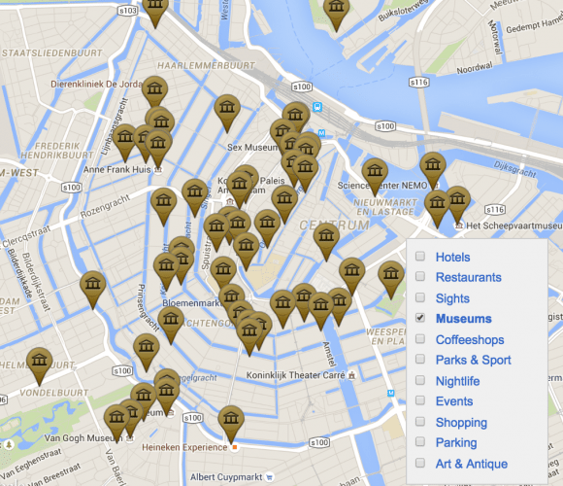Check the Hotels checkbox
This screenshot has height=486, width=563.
tap(420, 258)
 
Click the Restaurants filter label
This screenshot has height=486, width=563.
tap(468, 278)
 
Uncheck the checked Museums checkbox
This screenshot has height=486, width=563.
tap(420, 319)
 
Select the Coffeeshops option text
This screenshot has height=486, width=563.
tap(470, 340)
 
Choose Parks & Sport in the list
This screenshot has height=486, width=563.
tap(473, 361)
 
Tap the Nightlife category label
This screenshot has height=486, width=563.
tap(457, 381)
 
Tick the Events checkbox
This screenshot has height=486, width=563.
tap(420, 401)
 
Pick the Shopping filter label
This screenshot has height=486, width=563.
tap(461, 423)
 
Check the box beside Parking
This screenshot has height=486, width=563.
tap(420, 443)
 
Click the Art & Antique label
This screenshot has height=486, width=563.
tap(472, 464)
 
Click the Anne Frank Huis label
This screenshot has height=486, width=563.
tap(117, 169)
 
